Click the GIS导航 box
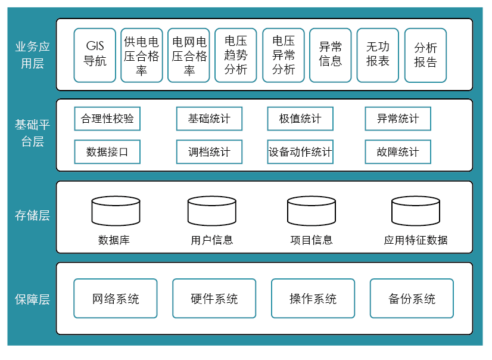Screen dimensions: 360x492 point(95,55)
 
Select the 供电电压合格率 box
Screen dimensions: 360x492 point(142,55)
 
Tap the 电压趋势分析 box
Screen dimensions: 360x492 point(236,55)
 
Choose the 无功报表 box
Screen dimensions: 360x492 point(378,55)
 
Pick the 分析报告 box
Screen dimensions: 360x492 point(425,55)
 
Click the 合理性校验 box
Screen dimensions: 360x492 point(107,119)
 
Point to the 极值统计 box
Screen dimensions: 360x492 point(300,119)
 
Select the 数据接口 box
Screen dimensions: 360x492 point(107,152)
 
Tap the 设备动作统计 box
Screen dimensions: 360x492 point(300,152)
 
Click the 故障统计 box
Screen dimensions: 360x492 point(398,152)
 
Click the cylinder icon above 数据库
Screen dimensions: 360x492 point(116,210)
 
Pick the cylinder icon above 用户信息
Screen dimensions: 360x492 point(212,210)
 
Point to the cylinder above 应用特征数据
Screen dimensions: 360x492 point(416,210)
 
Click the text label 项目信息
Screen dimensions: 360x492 point(311,240)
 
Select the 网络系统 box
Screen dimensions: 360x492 point(116,299)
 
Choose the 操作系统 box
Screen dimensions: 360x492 point(313,299)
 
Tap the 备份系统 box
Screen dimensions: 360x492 point(412,299)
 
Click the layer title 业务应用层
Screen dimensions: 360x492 point(33,55)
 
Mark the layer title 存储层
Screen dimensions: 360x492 point(33,216)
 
